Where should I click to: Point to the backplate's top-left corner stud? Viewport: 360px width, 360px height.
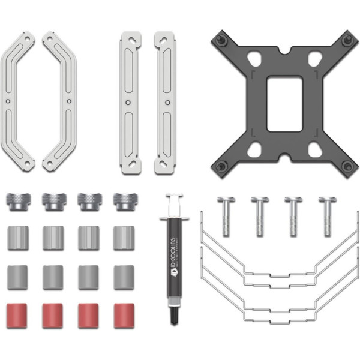point(221,40)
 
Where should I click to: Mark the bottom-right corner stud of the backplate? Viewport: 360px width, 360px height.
point(346,166)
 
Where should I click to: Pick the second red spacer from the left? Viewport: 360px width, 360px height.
point(53,315)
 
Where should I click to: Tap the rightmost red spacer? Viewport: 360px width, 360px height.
point(124,315)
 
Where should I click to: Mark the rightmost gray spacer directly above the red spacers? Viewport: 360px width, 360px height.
point(124,277)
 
